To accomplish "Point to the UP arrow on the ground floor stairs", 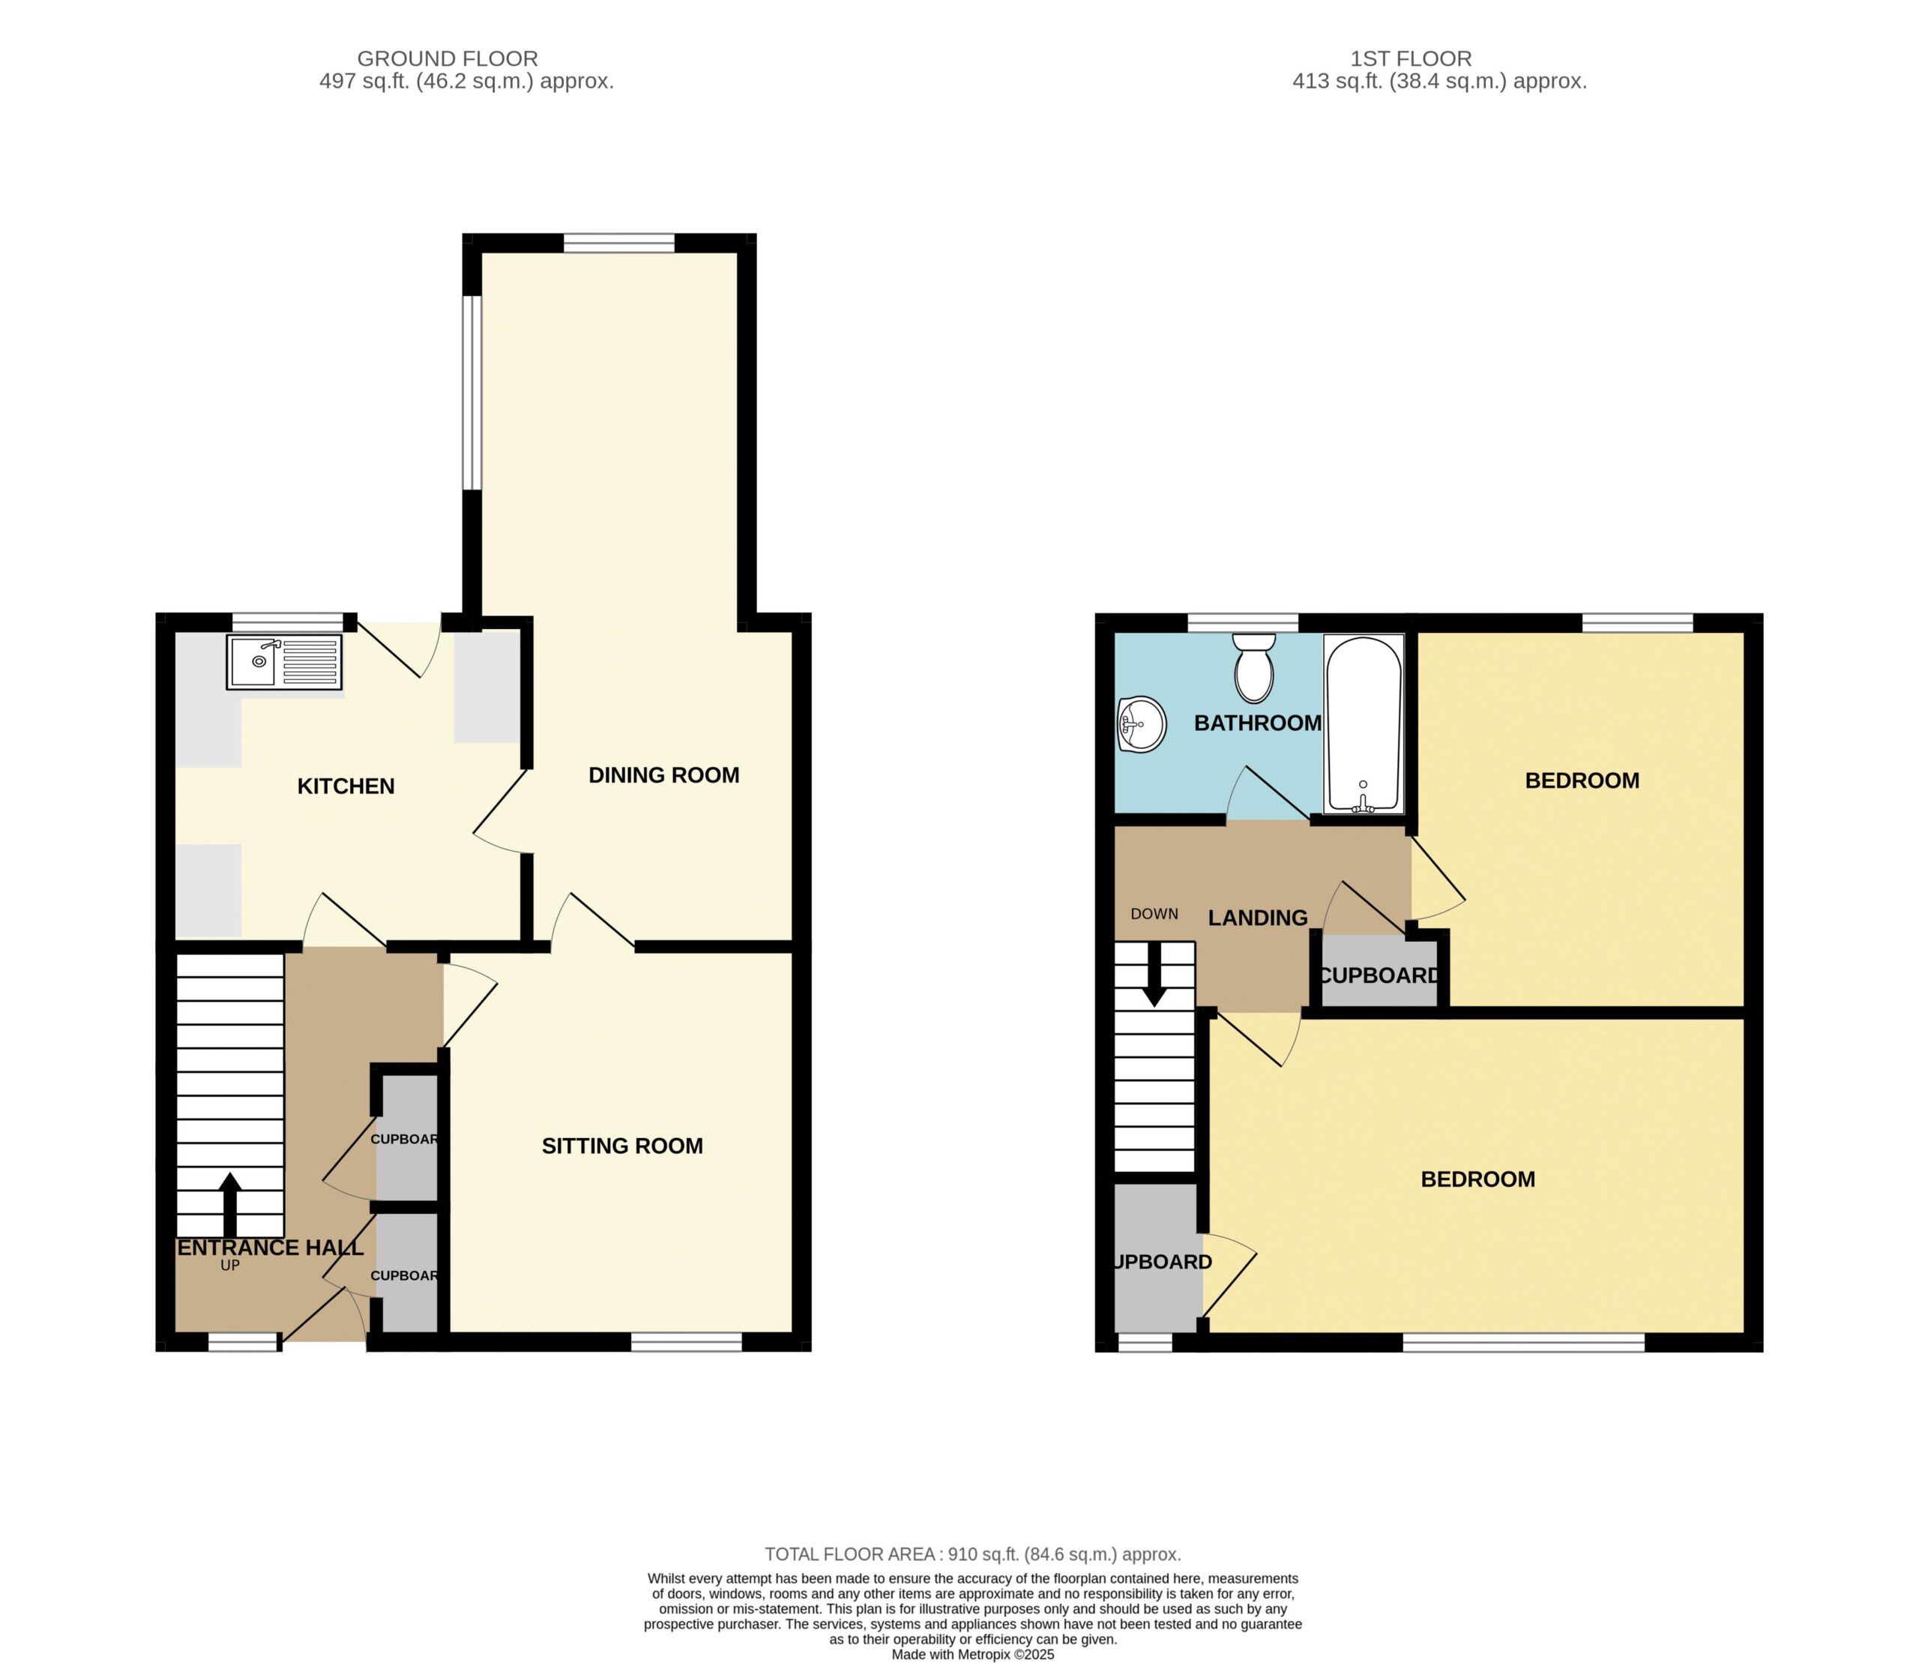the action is [x=230, y=1205].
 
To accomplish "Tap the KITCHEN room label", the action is [x=346, y=786].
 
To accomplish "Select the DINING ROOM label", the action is [x=663, y=775].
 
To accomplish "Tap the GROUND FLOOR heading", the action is [x=448, y=58].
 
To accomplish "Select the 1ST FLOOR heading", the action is [x=1411, y=58].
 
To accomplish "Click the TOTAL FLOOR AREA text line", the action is [x=972, y=1554].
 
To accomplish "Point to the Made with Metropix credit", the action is [x=972, y=1654].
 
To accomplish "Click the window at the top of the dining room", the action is [x=619, y=243].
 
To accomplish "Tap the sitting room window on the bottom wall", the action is [x=687, y=1341].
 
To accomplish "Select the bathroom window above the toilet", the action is [x=1244, y=623].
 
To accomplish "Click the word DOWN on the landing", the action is [x=1154, y=914].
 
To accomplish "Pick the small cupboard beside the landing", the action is [x=1379, y=971].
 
